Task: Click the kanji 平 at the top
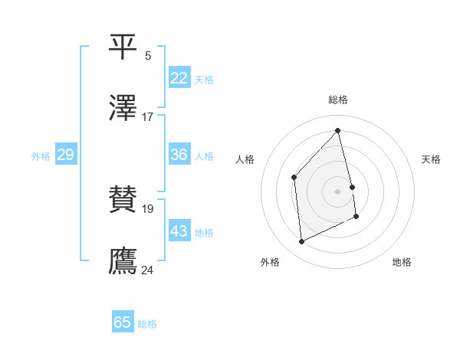[x=123, y=46]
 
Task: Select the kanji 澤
[x=123, y=109]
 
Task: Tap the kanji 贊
[x=123, y=200]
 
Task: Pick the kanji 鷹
[x=123, y=261]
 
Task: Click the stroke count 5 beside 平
[x=148, y=55]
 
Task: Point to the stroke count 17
[x=148, y=117]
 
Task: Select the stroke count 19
[x=148, y=208]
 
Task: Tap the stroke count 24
[x=148, y=270]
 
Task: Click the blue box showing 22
[x=179, y=78]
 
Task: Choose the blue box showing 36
[x=179, y=155]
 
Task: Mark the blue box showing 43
[x=179, y=231]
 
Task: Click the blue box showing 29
[x=65, y=155]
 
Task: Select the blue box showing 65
[x=123, y=322]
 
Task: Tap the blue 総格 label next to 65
[x=147, y=324]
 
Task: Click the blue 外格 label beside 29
[x=41, y=156]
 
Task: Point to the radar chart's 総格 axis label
[x=338, y=100]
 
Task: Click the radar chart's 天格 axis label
[x=432, y=159]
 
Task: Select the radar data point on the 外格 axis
[x=301, y=242]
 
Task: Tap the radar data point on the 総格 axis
[x=338, y=131]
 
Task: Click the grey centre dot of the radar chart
[x=338, y=191]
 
